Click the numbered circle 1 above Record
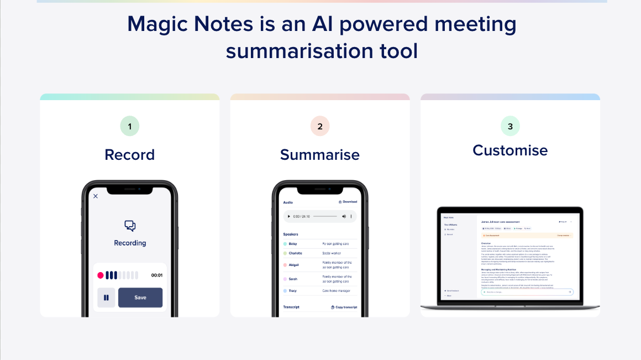(x=130, y=126)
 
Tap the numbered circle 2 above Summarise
(x=320, y=126)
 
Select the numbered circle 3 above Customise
(x=510, y=126)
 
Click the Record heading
(x=130, y=154)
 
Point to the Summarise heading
(x=320, y=154)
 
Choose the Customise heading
(x=510, y=150)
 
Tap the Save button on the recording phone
(x=140, y=298)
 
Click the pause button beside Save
(x=106, y=298)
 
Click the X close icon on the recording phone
(x=96, y=196)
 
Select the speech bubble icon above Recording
(x=130, y=226)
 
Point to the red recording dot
(x=101, y=275)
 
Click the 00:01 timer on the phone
(x=157, y=275)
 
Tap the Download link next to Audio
(x=348, y=202)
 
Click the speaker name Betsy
(x=293, y=243)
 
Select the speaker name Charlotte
(x=295, y=253)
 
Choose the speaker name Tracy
(x=293, y=290)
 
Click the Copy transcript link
(x=344, y=307)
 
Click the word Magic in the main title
(x=161, y=24)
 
